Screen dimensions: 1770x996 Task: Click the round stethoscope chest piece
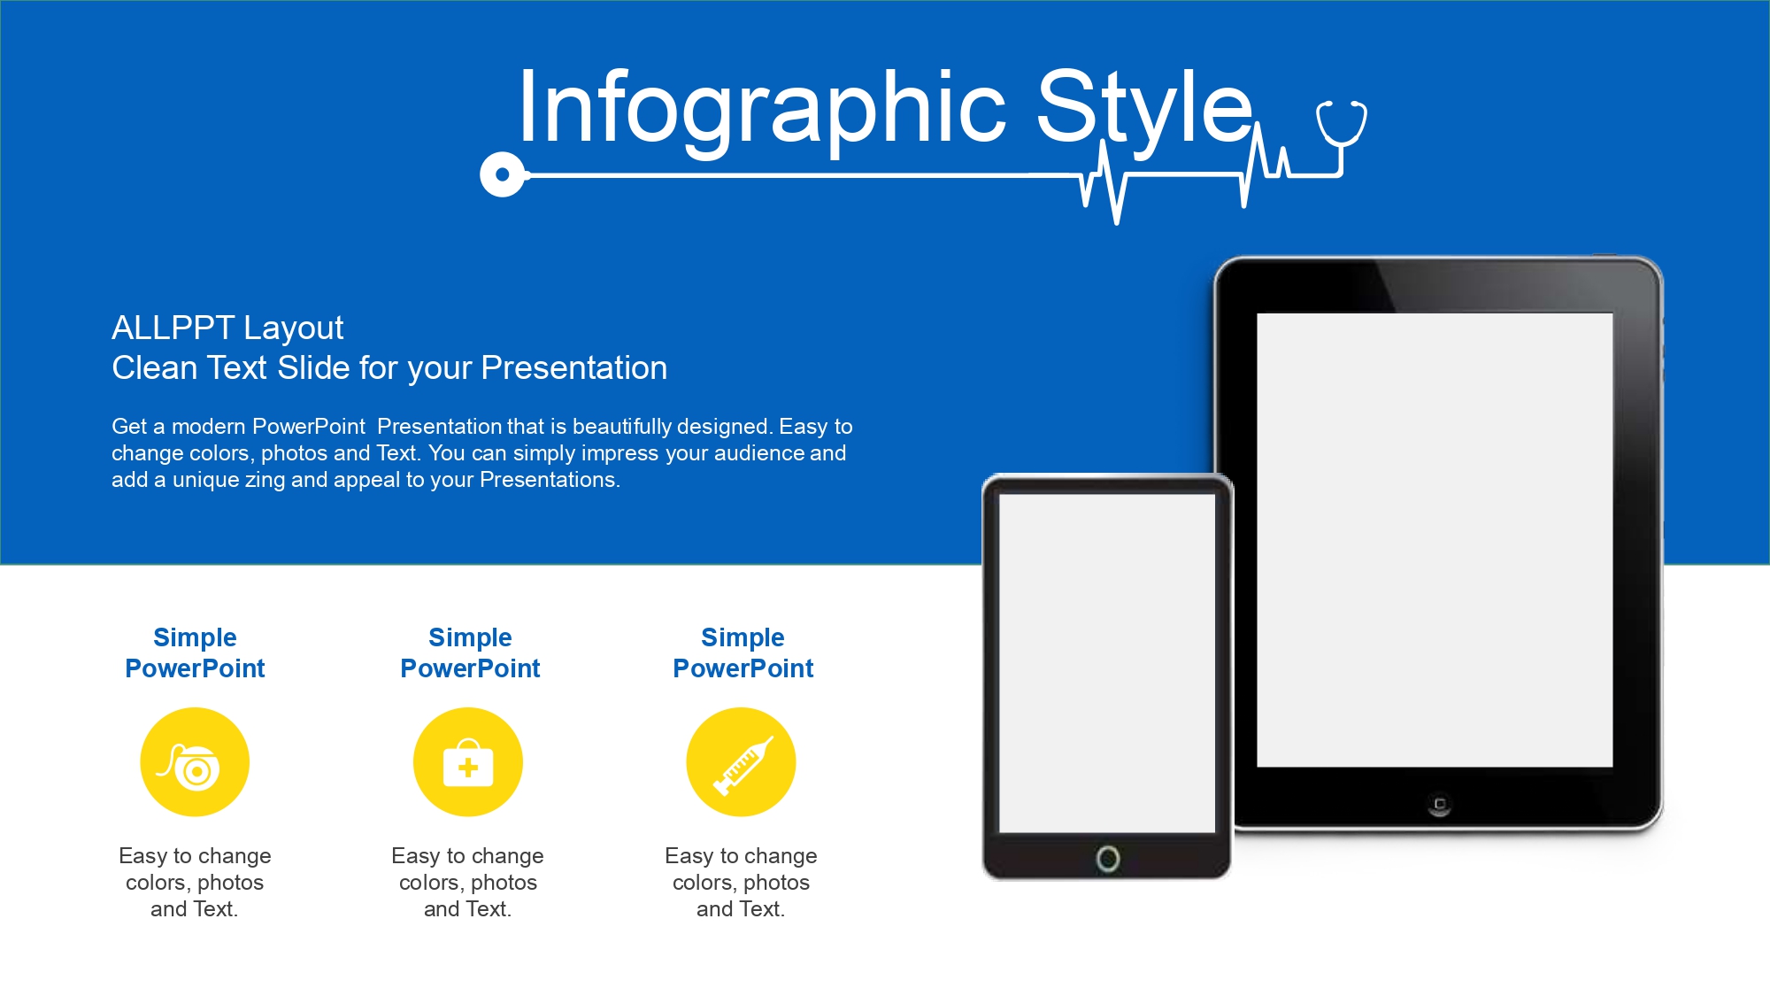503,174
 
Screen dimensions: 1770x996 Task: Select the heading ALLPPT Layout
227,328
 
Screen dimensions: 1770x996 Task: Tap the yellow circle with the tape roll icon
195,761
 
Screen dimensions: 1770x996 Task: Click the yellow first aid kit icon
468,761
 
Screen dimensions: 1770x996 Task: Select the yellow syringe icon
741,761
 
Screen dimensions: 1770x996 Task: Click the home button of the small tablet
1107,858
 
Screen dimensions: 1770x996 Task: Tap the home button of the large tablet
1439,805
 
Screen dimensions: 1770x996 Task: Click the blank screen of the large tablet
1435,540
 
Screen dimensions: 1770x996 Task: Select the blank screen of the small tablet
1107,663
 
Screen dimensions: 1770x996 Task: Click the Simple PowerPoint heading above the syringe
743,652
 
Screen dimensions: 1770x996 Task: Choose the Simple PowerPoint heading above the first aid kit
470,652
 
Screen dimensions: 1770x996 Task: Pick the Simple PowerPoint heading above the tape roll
195,652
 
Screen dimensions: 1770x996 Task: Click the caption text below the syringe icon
741,883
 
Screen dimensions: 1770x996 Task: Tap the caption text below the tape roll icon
195,883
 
